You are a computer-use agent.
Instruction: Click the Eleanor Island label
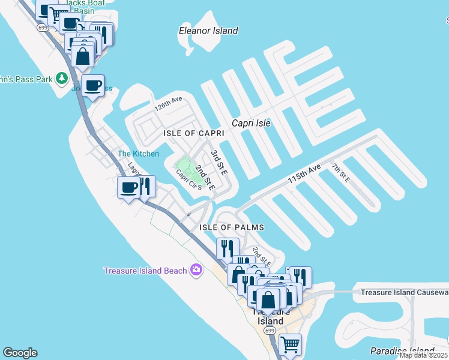[x=208, y=31]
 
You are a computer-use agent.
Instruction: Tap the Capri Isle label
[x=251, y=123]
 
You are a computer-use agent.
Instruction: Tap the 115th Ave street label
[x=304, y=175]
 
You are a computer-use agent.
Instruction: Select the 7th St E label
[x=340, y=172]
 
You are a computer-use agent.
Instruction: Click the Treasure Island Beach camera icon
[x=196, y=270]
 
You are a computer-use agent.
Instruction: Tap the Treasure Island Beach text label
[x=145, y=271]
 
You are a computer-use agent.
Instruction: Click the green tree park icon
[x=61, y=79]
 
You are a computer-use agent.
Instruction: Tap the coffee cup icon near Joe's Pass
[x=92, y=86]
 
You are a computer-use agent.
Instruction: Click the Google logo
[x=20, y=353]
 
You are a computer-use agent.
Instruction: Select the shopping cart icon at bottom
[x=290, y=344]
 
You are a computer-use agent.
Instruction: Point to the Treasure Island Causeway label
[x=404, y=292]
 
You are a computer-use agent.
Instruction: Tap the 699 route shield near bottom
[x=270, y=331]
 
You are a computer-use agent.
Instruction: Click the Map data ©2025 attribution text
[x=423, y=355]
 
